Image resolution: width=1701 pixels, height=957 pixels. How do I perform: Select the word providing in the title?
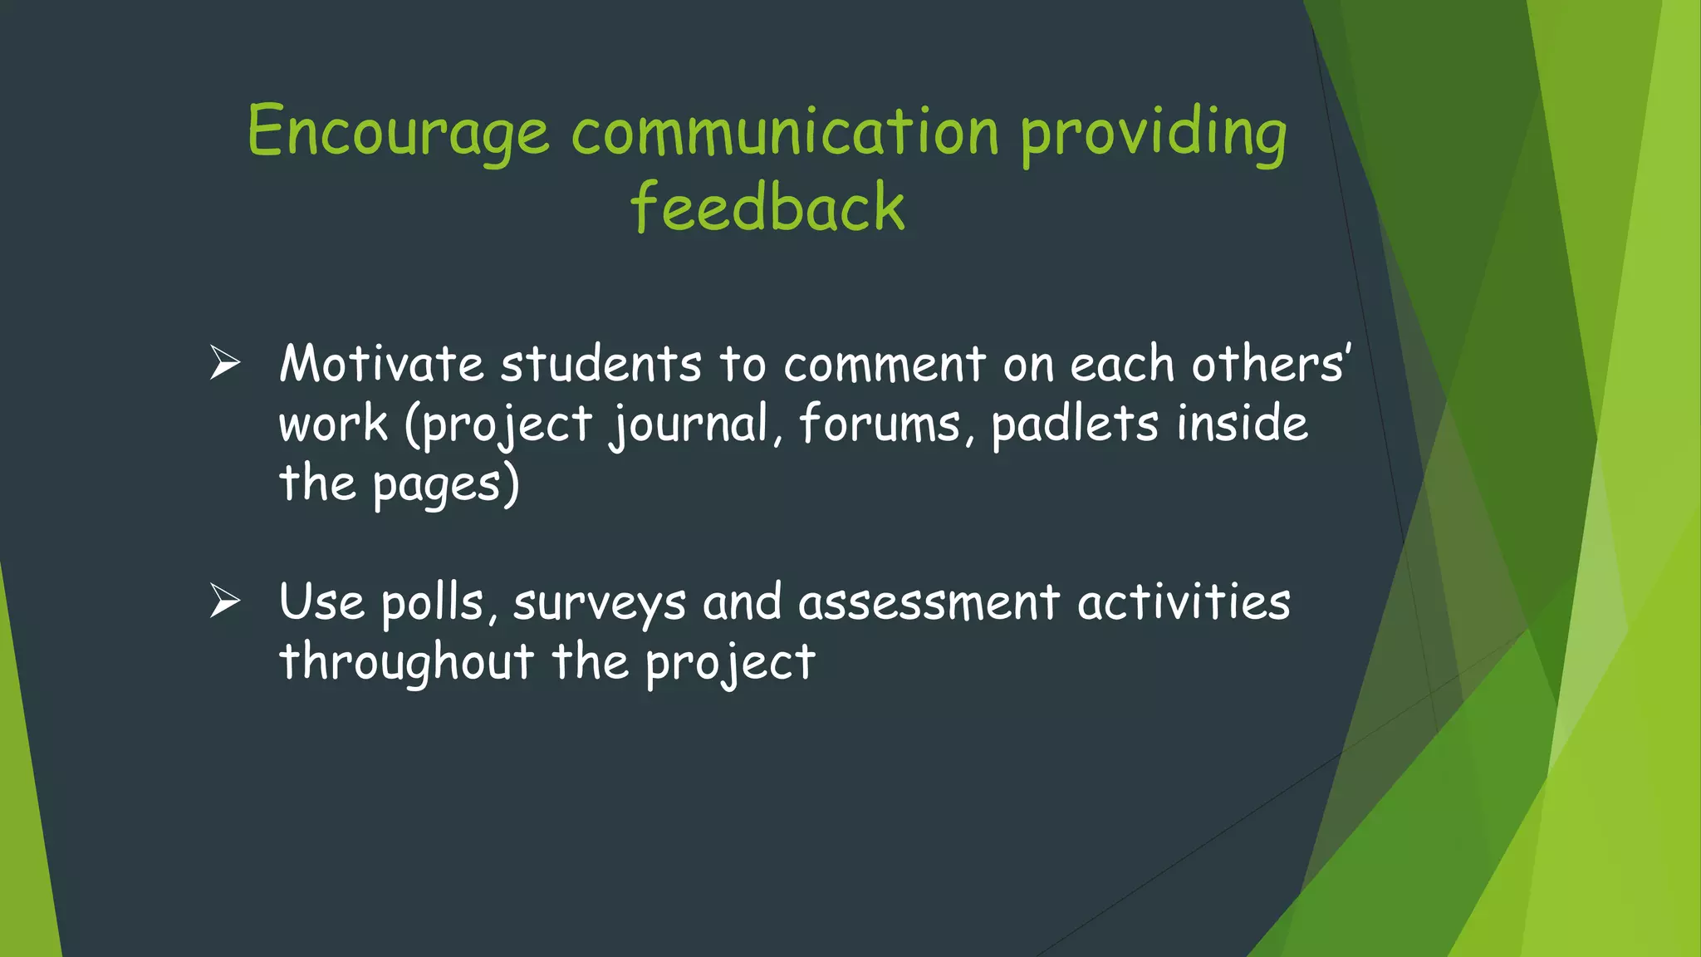1154,133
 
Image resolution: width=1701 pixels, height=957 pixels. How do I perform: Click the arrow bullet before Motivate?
225,363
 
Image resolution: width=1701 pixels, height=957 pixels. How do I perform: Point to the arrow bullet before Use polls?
225,601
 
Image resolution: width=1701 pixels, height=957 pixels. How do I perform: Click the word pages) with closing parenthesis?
445,485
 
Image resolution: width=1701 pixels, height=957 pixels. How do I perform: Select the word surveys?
600,603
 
